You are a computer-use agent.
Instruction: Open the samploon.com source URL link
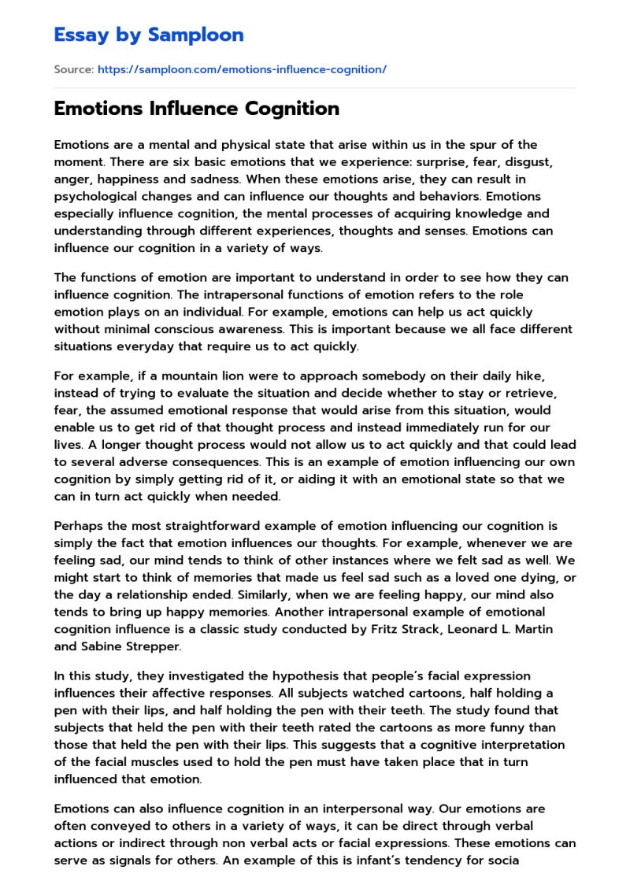(242, 69)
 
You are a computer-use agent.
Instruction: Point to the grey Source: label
(73, 69)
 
